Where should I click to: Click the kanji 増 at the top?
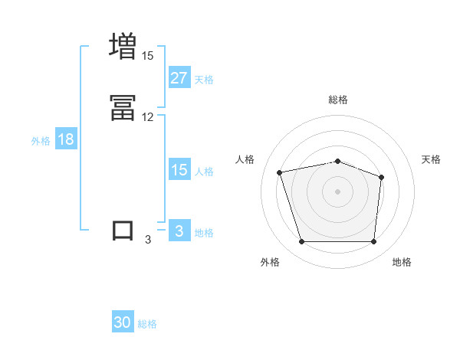(123, 46)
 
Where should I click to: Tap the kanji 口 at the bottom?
(123, 231)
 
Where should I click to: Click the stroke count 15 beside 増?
(147, 56)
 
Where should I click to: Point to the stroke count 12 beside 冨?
(147, 117)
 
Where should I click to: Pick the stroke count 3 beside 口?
(148, 240)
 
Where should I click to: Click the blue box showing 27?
(179, 77)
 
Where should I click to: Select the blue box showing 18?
(65, 139)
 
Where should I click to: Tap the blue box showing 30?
(123, 322)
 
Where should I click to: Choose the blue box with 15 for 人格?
(179, 170)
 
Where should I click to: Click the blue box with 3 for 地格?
(179, 231)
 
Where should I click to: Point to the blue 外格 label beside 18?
(41, 141)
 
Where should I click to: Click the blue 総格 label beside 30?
(147, 324)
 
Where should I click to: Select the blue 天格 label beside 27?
(204, 79)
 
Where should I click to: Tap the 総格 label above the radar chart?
(337, 100)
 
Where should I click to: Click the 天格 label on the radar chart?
(431, 159)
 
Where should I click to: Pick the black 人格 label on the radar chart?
(245, 159)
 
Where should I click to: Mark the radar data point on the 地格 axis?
(373, 242)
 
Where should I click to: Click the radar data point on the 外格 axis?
(301, 242)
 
